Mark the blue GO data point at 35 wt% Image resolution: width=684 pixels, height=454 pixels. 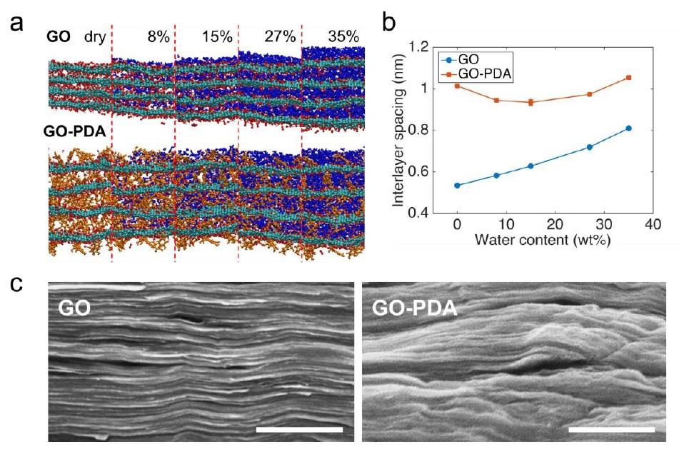pos(628,128)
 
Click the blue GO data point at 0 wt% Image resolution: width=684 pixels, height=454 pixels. pos(457,186)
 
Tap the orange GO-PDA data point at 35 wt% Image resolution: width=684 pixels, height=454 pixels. pos(628,77)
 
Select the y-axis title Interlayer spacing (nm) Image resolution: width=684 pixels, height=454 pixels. pos(404,130)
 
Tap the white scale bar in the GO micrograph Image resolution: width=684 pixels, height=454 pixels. pos(299,429)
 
